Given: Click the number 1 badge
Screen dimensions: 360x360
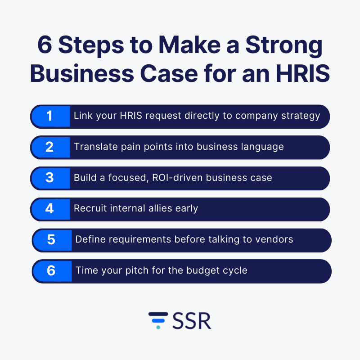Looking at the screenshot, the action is click(x=50, y=117).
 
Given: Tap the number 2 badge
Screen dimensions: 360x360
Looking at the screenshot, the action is click(x=50, y=147).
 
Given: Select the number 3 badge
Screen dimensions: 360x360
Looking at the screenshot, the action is click(x=50, y=178).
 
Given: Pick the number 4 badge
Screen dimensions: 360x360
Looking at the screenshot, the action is click(x=50, y=209).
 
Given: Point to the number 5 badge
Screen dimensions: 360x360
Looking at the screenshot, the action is click(x=52, y=240).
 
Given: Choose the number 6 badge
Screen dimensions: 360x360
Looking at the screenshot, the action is click(x=52, y=270).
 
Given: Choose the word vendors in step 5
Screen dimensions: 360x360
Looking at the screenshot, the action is click(x=274, y=239).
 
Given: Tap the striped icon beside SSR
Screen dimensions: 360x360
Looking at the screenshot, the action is click(x=158, y=320).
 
